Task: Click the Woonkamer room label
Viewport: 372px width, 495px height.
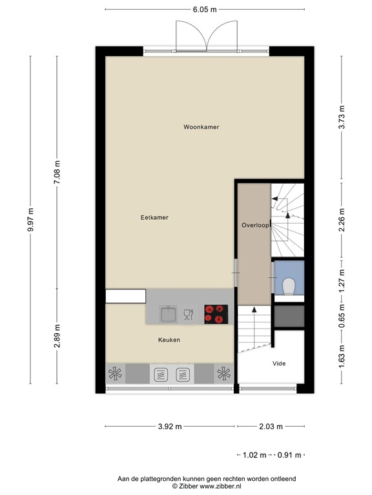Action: click(x=201, y=127)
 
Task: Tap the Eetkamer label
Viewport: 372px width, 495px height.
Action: click(x=154, y=218)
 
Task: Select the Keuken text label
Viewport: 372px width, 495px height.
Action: click(x=169, y=340)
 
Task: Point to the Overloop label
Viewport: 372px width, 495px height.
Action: click(x=254, y=226)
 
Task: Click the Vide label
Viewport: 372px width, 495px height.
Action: click(x=278, y=364)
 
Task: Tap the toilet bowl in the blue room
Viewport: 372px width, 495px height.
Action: click(x=289, y=285)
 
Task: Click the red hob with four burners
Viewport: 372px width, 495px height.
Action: click(x=216, y=314)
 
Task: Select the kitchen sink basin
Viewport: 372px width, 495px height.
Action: click(x=169, y=314)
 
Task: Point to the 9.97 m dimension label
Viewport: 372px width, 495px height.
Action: click(x=30, y=224)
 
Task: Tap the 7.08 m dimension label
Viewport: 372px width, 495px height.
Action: click(x=57, y=173)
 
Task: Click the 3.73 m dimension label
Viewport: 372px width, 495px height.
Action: click(x=342, y=117)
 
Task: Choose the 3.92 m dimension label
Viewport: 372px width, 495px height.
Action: click(x=170, y=426)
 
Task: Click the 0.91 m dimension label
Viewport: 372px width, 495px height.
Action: click(x=289, y=456)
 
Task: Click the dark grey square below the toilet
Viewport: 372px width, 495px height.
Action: click(x=288, y=316)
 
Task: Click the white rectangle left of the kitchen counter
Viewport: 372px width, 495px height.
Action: click(x=125, y=296)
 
